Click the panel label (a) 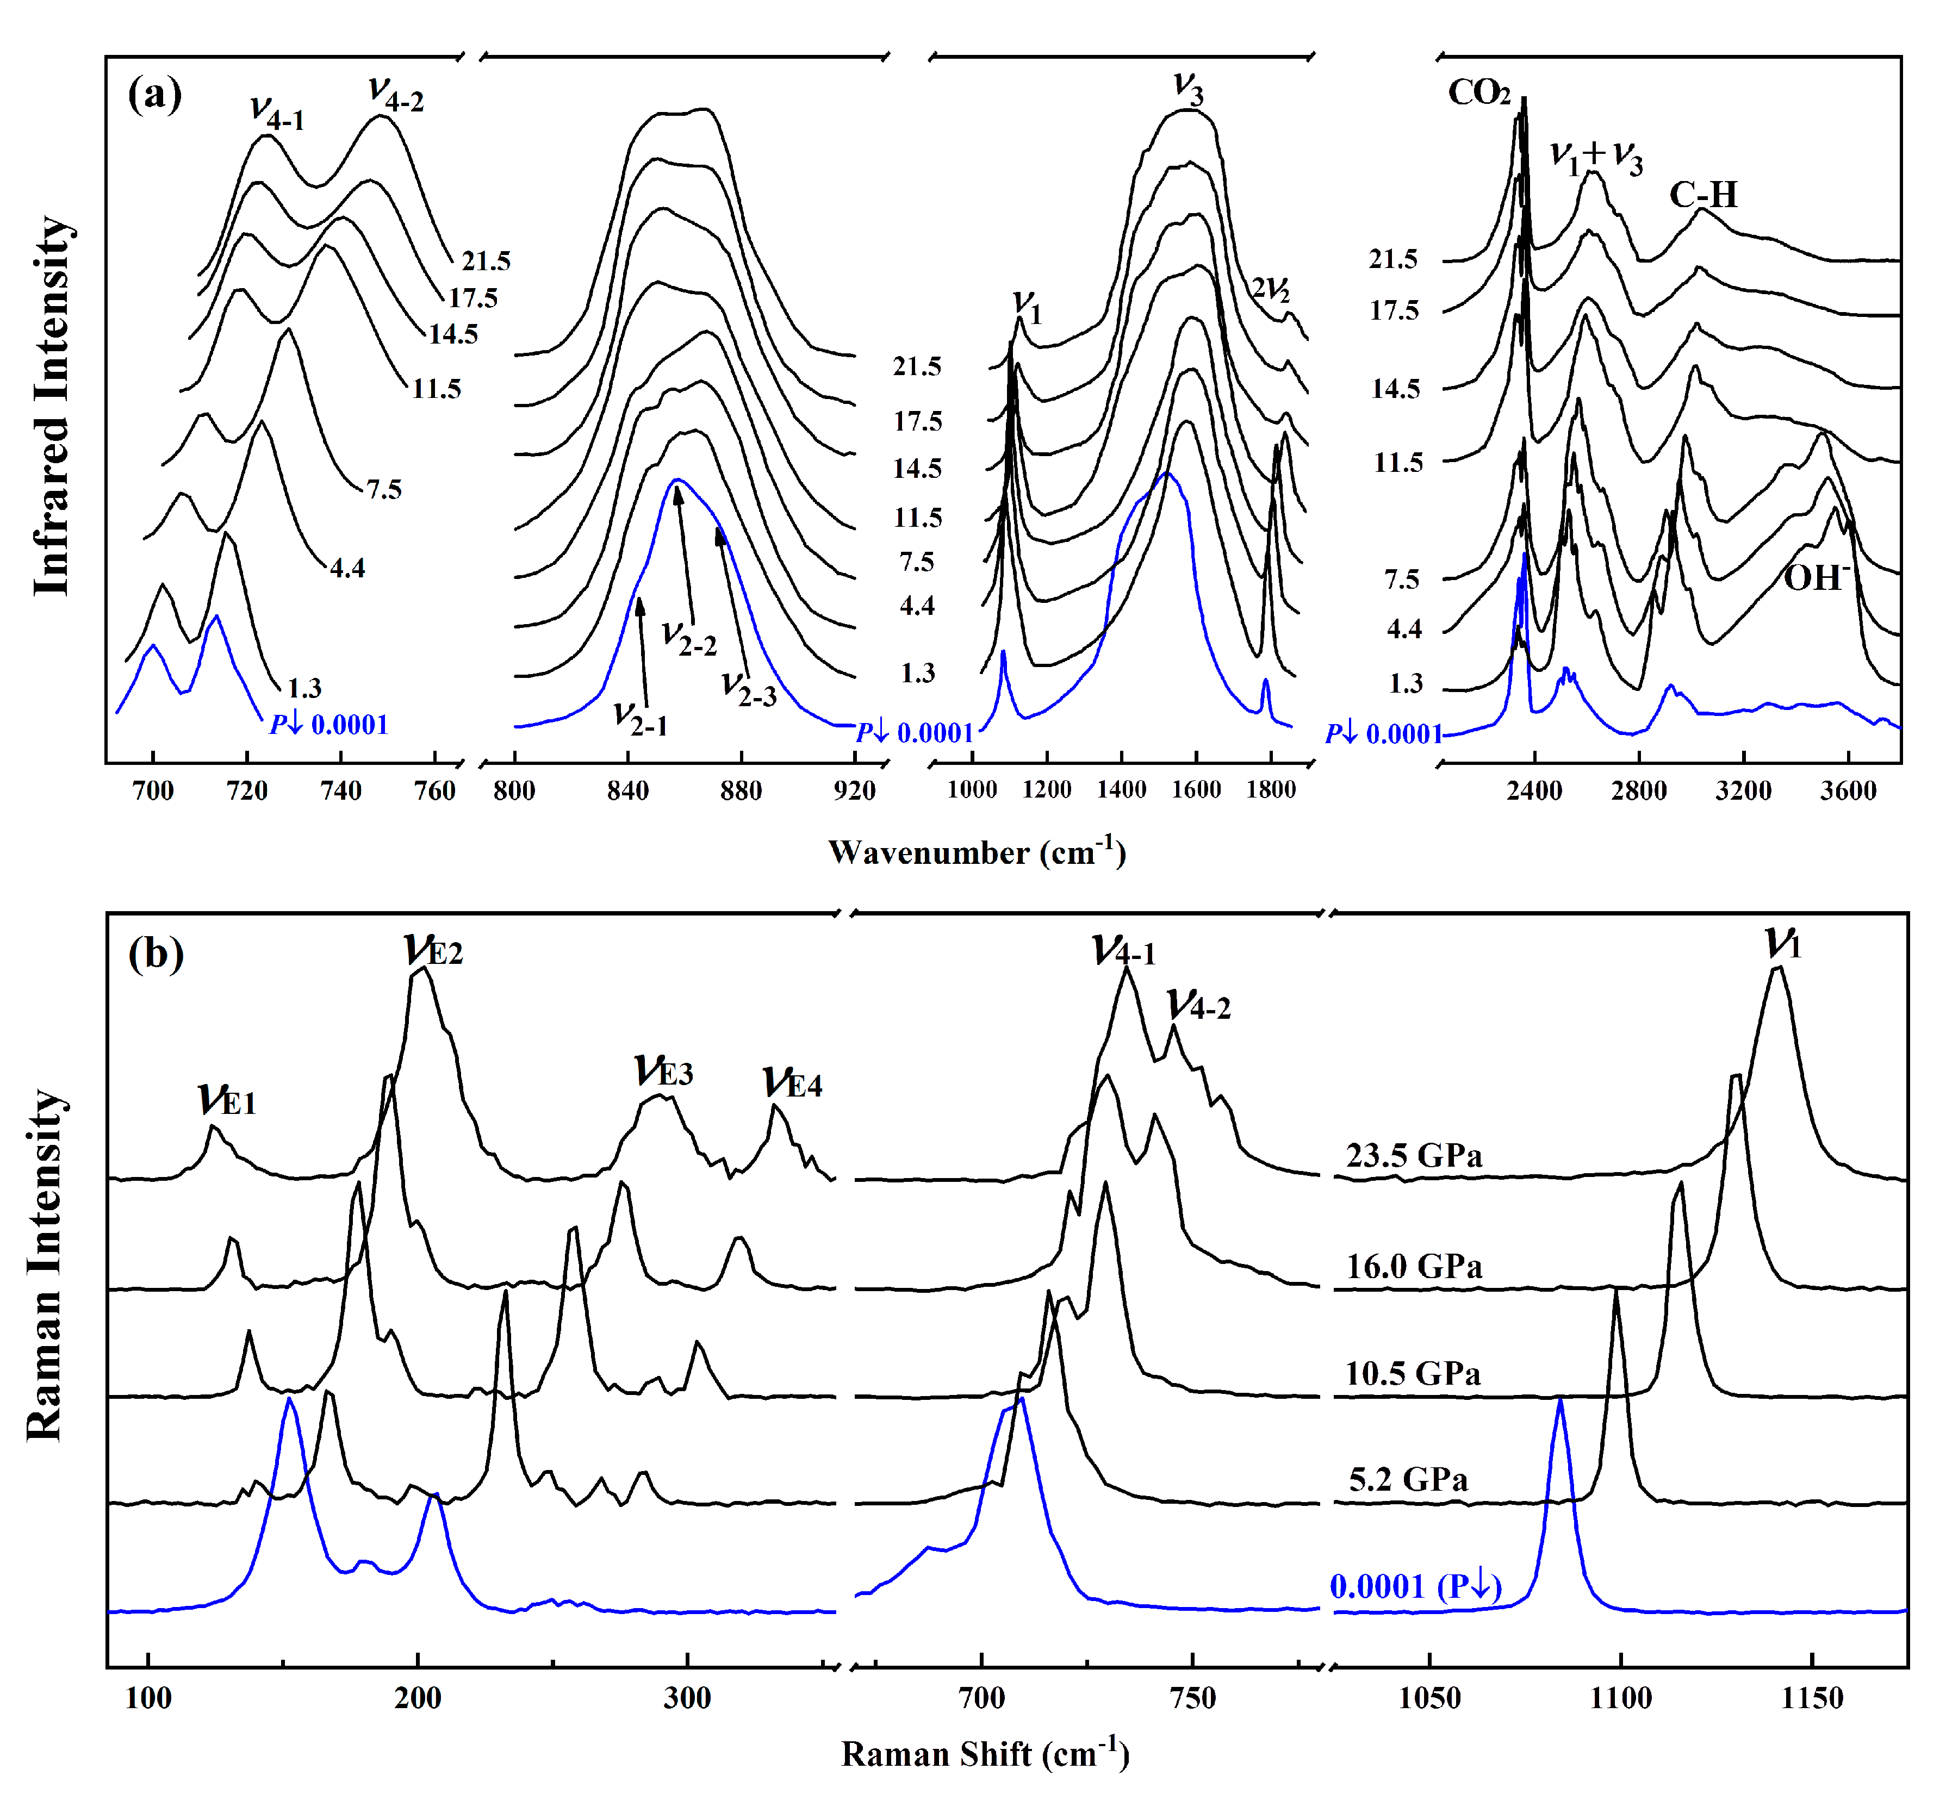tap(154, 96)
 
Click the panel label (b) tap(156, 954)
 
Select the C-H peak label tap(1702, 195)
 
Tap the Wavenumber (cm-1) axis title tap(977, 852)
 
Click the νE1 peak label tap(226, 1100)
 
